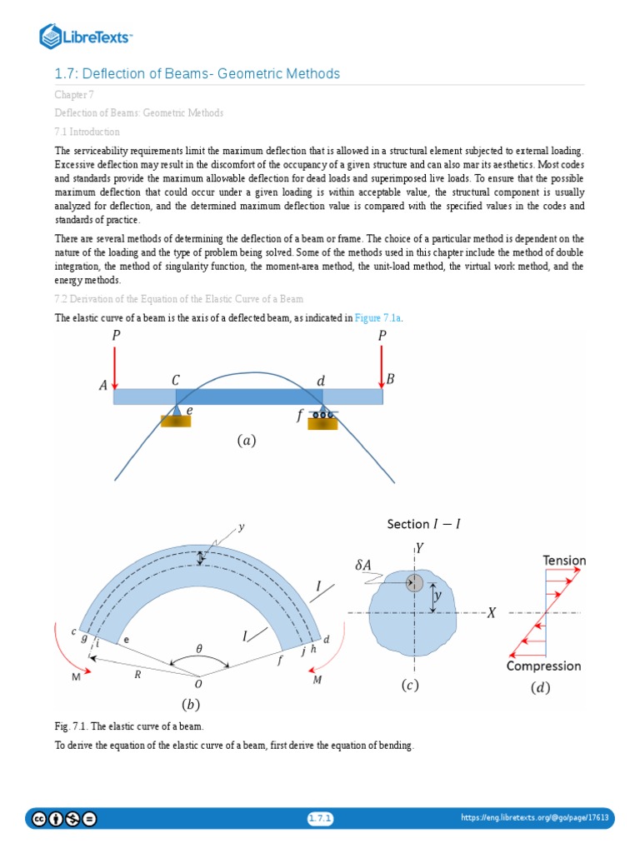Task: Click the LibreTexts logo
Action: [87, 36]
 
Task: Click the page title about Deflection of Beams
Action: [197, 74]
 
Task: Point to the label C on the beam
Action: [176, 380]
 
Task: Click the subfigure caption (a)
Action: [246, 441]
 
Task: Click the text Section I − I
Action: [424, 524]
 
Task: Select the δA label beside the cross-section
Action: [363, 565]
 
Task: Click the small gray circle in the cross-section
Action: [414, 583]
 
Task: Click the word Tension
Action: [564, 561]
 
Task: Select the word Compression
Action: [544, 666]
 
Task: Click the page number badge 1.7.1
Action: [320, 819]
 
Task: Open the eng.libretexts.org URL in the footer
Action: [535, 819]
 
